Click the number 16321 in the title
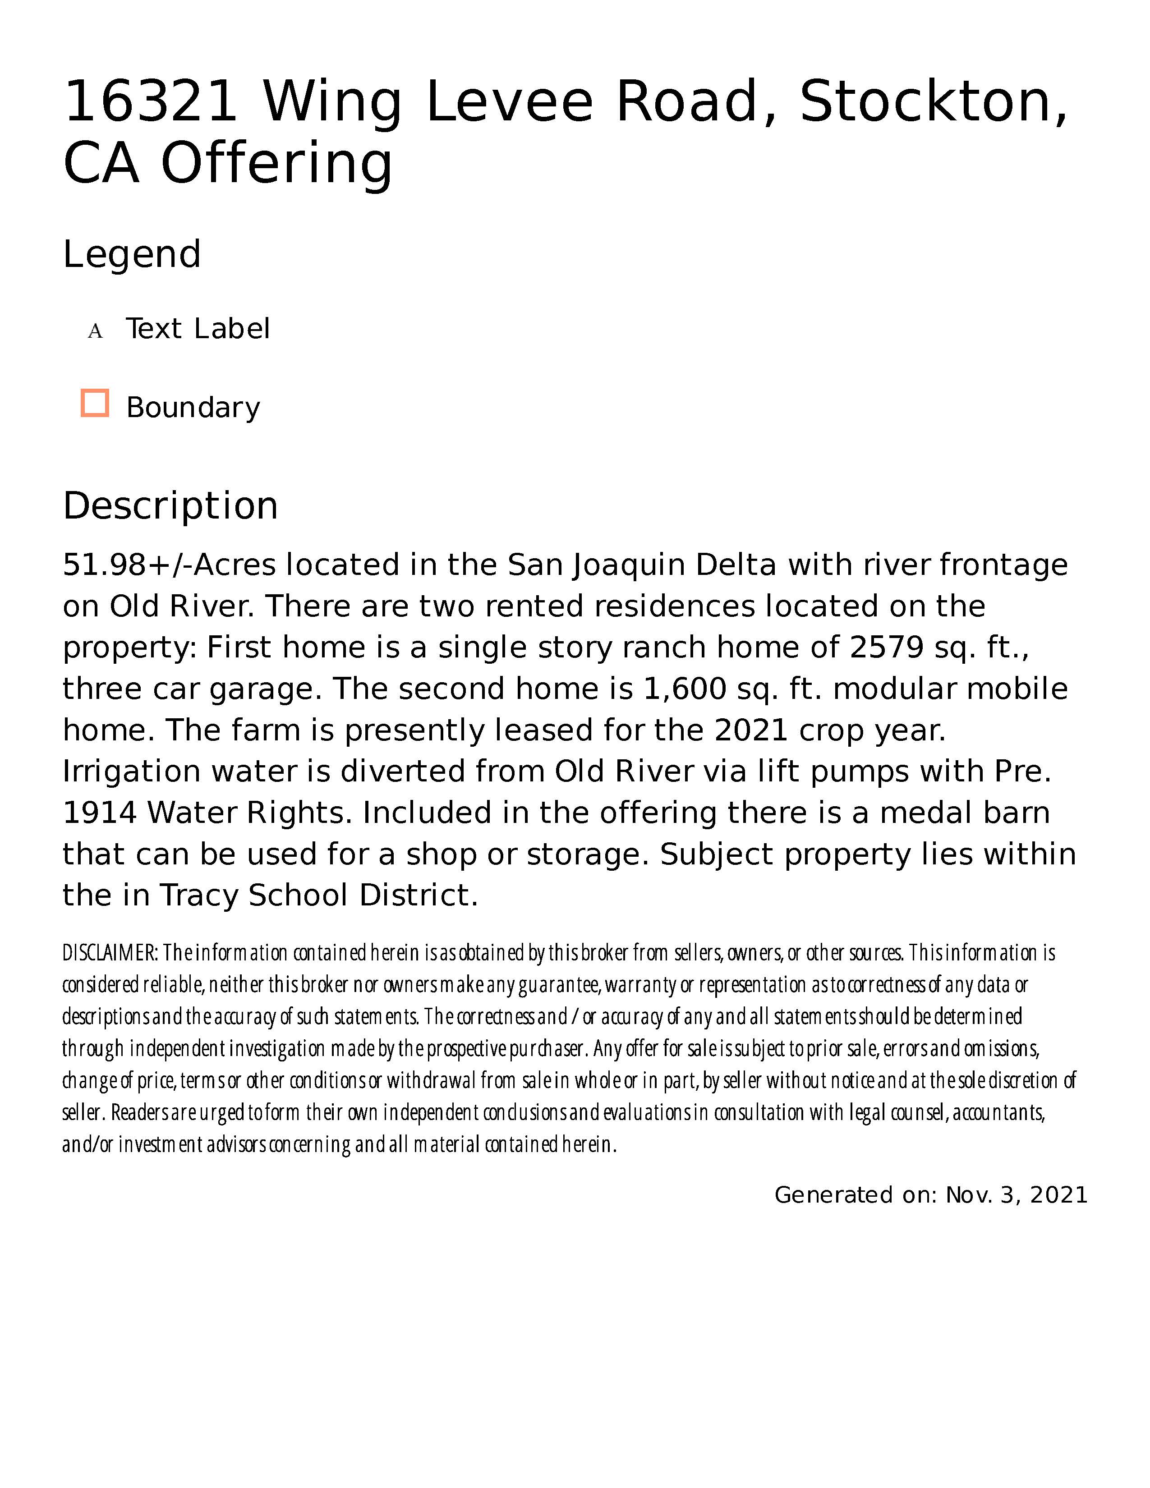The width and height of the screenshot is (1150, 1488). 150,102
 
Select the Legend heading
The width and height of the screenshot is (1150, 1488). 132,255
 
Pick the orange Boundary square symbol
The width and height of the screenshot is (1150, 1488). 95,404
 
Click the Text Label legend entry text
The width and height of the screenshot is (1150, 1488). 198,329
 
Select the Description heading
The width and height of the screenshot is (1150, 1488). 170,506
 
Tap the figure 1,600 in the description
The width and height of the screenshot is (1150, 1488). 685,689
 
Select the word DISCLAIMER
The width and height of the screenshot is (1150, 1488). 110,952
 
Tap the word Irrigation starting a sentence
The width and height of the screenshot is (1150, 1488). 131,772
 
